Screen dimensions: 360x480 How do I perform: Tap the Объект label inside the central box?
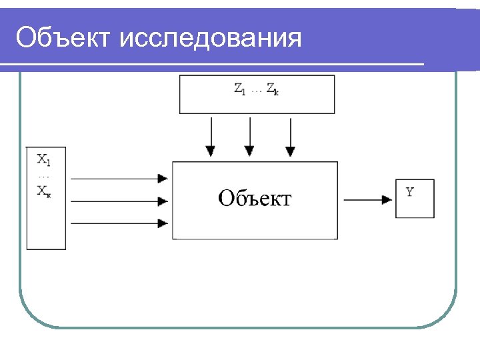(x=255, y=198)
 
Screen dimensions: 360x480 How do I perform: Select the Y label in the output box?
(x=410, y=192)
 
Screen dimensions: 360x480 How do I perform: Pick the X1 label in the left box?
(x=43, y=159)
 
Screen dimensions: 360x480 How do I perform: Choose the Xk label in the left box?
(x=43, y=191)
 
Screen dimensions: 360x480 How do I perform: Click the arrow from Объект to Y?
(x=367, y=199)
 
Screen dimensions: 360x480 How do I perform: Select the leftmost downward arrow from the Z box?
(x=211, y=137)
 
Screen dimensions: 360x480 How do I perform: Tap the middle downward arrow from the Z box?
(x=250, y=137)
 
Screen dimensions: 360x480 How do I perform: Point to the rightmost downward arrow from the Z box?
(x=290, y=137)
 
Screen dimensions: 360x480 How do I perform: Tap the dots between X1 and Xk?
(x=43, y=176)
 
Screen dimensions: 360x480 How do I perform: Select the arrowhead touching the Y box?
(x=387, y=199)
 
